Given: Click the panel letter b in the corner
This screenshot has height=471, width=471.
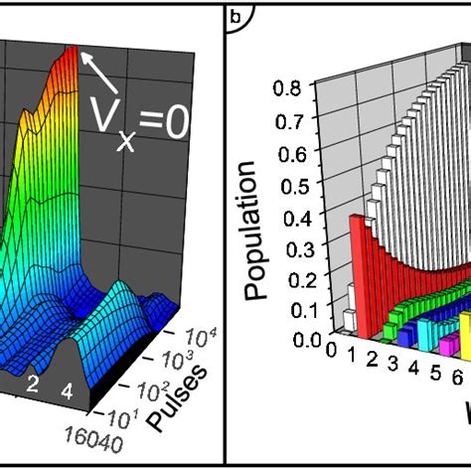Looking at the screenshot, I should (235, 16).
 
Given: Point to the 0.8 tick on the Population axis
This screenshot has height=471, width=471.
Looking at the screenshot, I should (288, 87).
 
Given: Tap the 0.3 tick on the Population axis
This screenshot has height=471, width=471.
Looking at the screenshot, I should (288, 245).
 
